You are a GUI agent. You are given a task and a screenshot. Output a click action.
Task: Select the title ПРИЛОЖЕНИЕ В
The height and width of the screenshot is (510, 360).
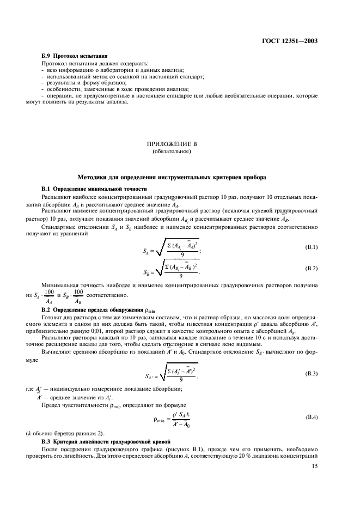pos(172,144)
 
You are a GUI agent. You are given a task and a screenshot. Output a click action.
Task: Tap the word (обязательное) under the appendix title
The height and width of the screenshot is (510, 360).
pos(172,151)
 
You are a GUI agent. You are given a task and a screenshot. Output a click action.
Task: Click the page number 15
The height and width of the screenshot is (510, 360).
pos(314,466)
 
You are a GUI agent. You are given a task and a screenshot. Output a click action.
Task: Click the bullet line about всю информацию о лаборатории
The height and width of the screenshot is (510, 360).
pos(109,70)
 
